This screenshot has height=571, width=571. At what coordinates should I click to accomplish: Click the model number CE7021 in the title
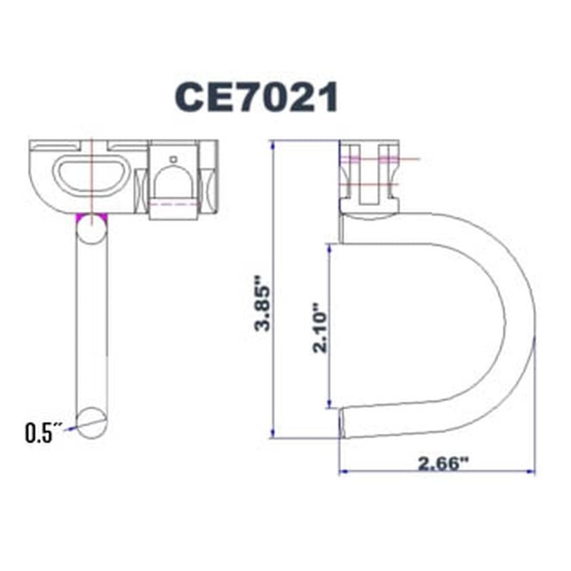click(x=256, y=98)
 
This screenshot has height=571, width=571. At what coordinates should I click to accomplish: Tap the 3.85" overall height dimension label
click(x=266, y=308)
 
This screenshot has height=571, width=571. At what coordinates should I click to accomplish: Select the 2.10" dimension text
click(x=321, y=330)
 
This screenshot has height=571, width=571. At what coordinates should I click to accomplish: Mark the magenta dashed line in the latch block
click(x=173, y=204)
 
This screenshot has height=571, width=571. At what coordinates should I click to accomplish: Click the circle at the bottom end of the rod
click(x=91, y=421)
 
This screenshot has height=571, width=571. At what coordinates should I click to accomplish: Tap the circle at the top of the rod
click(x=91, y=230)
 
